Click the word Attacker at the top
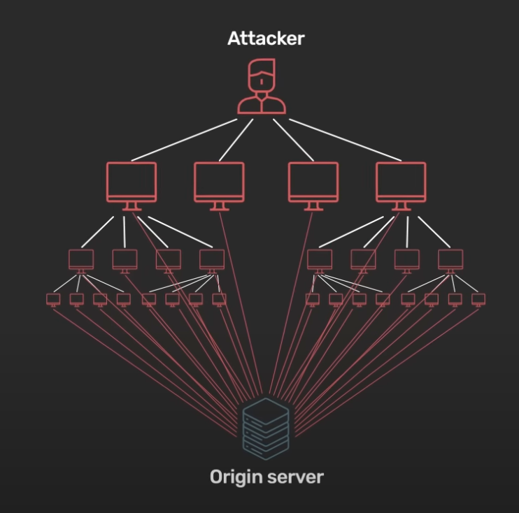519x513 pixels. (266, 38)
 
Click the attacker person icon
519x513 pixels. (261, 88)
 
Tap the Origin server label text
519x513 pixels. (266, 477)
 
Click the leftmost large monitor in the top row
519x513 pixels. (131, 183)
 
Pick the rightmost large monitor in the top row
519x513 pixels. (401, 183)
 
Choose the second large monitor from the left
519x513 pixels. (219, 183)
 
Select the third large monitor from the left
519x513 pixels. (313, 183)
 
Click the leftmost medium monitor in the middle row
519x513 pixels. (81, 259)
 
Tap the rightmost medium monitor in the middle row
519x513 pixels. (450, 259)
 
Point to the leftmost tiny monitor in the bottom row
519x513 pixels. (54, 299)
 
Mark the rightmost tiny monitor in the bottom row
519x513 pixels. (478, 299)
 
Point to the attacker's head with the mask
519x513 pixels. (261, 74)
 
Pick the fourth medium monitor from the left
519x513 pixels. (211, 259)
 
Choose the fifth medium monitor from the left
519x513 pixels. (320, 259)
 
